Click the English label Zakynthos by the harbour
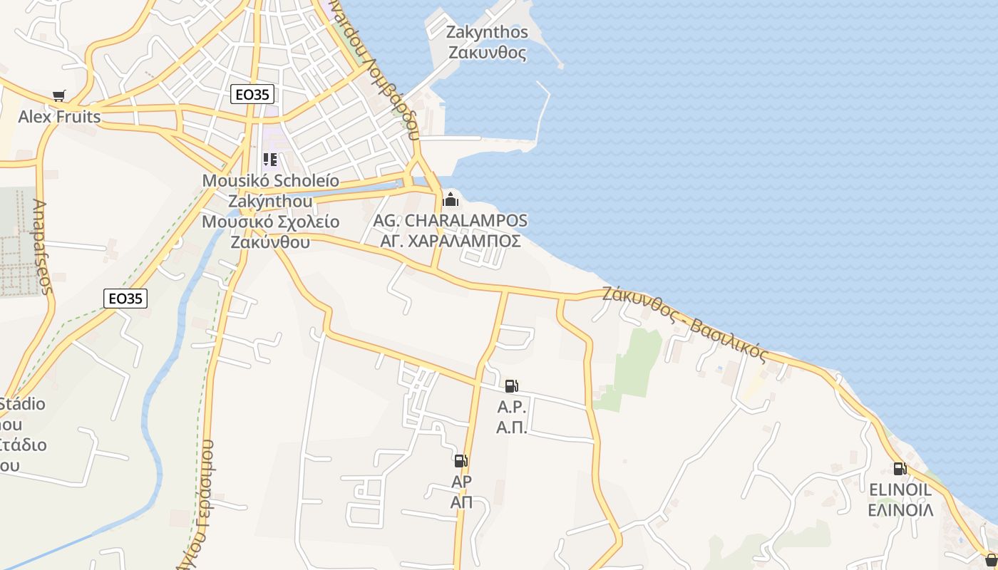tap(487, 32)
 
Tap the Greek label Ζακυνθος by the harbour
tap(487, 53)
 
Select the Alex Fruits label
tap(59, 116)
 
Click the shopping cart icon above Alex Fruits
tap(59, 95)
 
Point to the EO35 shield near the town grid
tap(252, 94)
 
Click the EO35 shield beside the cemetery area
tap(125, 299)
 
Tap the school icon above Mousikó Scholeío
tap(269, 160)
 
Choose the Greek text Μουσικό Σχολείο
tap(270, 222)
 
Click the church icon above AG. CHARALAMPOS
tap(450, 199)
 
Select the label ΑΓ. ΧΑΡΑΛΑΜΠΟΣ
tap(450, 241)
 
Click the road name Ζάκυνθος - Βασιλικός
tap(685, 323)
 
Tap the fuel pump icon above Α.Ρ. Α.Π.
tap(511, 386)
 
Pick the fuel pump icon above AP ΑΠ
tap(461, 461)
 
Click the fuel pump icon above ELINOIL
tap(900, 469)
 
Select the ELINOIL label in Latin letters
tap(900, 489)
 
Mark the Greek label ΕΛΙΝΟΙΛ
tap(900, 510)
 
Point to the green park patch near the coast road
tap(634, 363)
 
